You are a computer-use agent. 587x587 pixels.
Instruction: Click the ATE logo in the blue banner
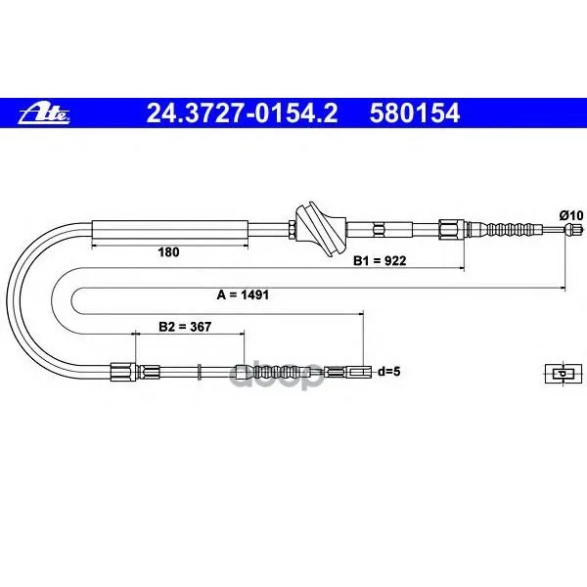44,113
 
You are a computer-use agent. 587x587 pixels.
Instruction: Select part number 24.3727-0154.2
242,113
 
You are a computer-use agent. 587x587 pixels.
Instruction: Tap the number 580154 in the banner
415,113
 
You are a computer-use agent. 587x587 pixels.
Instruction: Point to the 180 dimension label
168,252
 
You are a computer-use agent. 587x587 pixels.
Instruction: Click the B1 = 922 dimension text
380,260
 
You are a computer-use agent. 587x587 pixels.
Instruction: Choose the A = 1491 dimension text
243,295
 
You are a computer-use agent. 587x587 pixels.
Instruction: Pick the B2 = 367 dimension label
185,327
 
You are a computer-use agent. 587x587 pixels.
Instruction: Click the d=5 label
389,372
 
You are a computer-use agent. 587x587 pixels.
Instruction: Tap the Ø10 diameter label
571,215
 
